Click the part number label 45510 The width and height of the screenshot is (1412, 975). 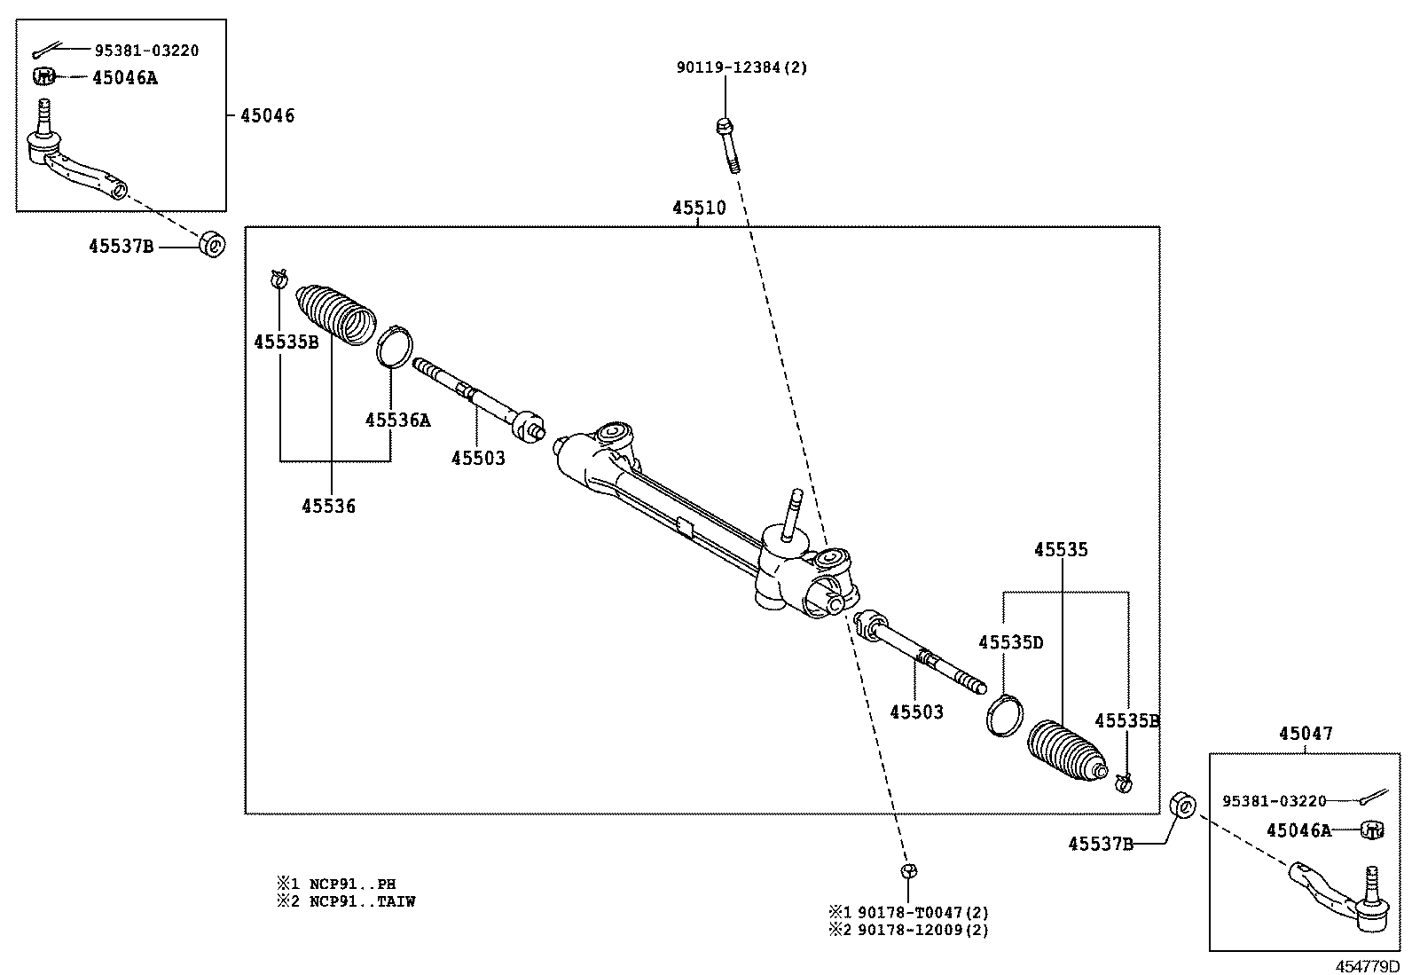tap(699, 208)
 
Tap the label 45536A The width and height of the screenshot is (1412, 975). tap(397, 421)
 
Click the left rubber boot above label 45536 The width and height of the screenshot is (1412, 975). tap(336, 314)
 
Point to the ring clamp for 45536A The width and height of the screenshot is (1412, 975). tap(395, 346)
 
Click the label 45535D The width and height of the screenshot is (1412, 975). tap(1011, 642)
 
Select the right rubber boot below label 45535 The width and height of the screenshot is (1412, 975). tap(1067, 752)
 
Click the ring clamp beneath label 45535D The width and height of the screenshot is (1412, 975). tap(1004, 715)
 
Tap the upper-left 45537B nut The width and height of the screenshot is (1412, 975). tap(211, 244)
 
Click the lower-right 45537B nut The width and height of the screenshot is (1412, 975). tap(1183, 806)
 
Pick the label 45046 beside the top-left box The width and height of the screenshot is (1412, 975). tap(268, 115)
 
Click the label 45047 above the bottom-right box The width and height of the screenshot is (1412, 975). tap(1306, 734)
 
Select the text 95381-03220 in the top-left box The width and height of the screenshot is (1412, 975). tap(146, 51)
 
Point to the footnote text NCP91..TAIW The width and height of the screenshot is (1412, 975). tap(362, 901)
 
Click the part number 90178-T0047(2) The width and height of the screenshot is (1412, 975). tap(921, 912)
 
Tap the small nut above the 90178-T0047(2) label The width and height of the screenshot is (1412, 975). tap(906, 870)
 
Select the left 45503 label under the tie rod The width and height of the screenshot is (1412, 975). tap(478, 459)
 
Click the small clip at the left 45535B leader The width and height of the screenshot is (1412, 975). tap(278, 279)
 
